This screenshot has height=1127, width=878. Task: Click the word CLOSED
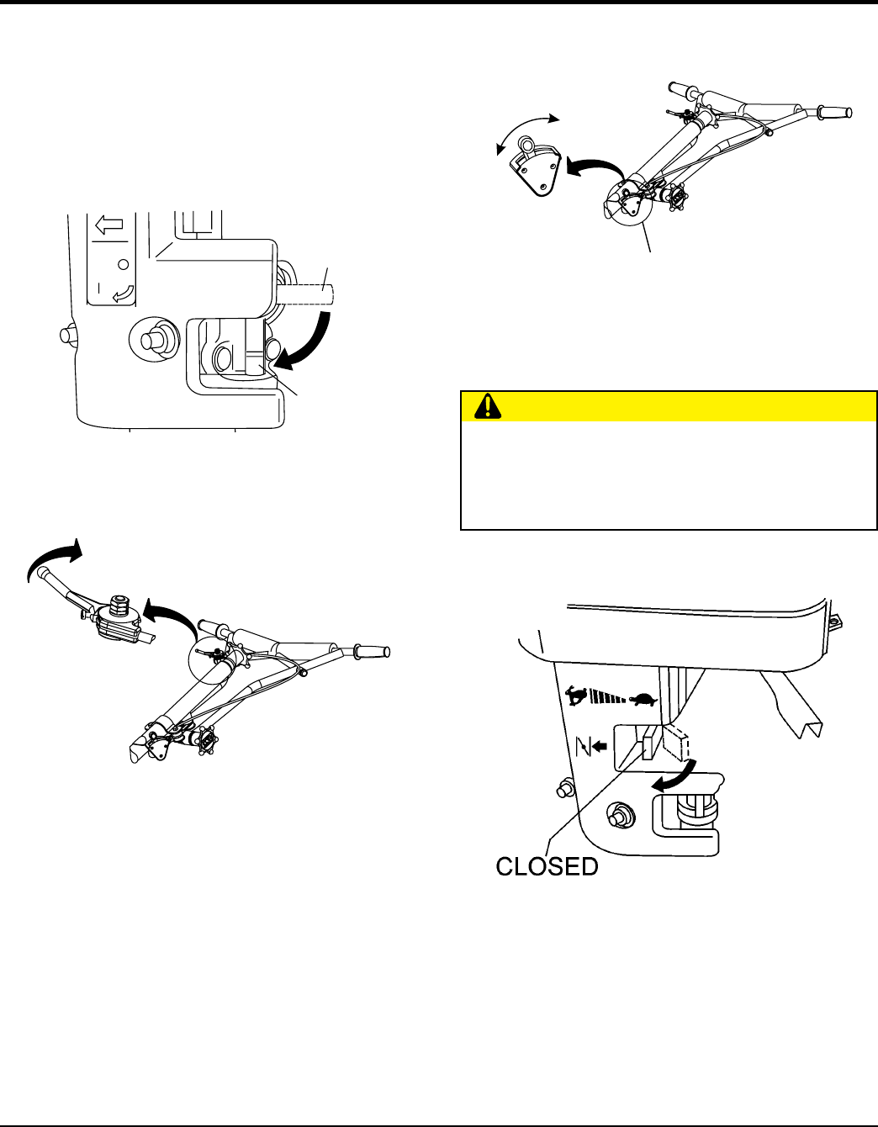tap(547, 866)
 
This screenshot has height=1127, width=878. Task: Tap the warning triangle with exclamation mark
tap(486, 407)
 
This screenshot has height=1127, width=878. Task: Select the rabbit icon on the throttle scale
tap(577, 696)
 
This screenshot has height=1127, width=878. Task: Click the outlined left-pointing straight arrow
tap(108, 225)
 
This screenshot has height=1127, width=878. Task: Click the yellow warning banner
tap(669, 406)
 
